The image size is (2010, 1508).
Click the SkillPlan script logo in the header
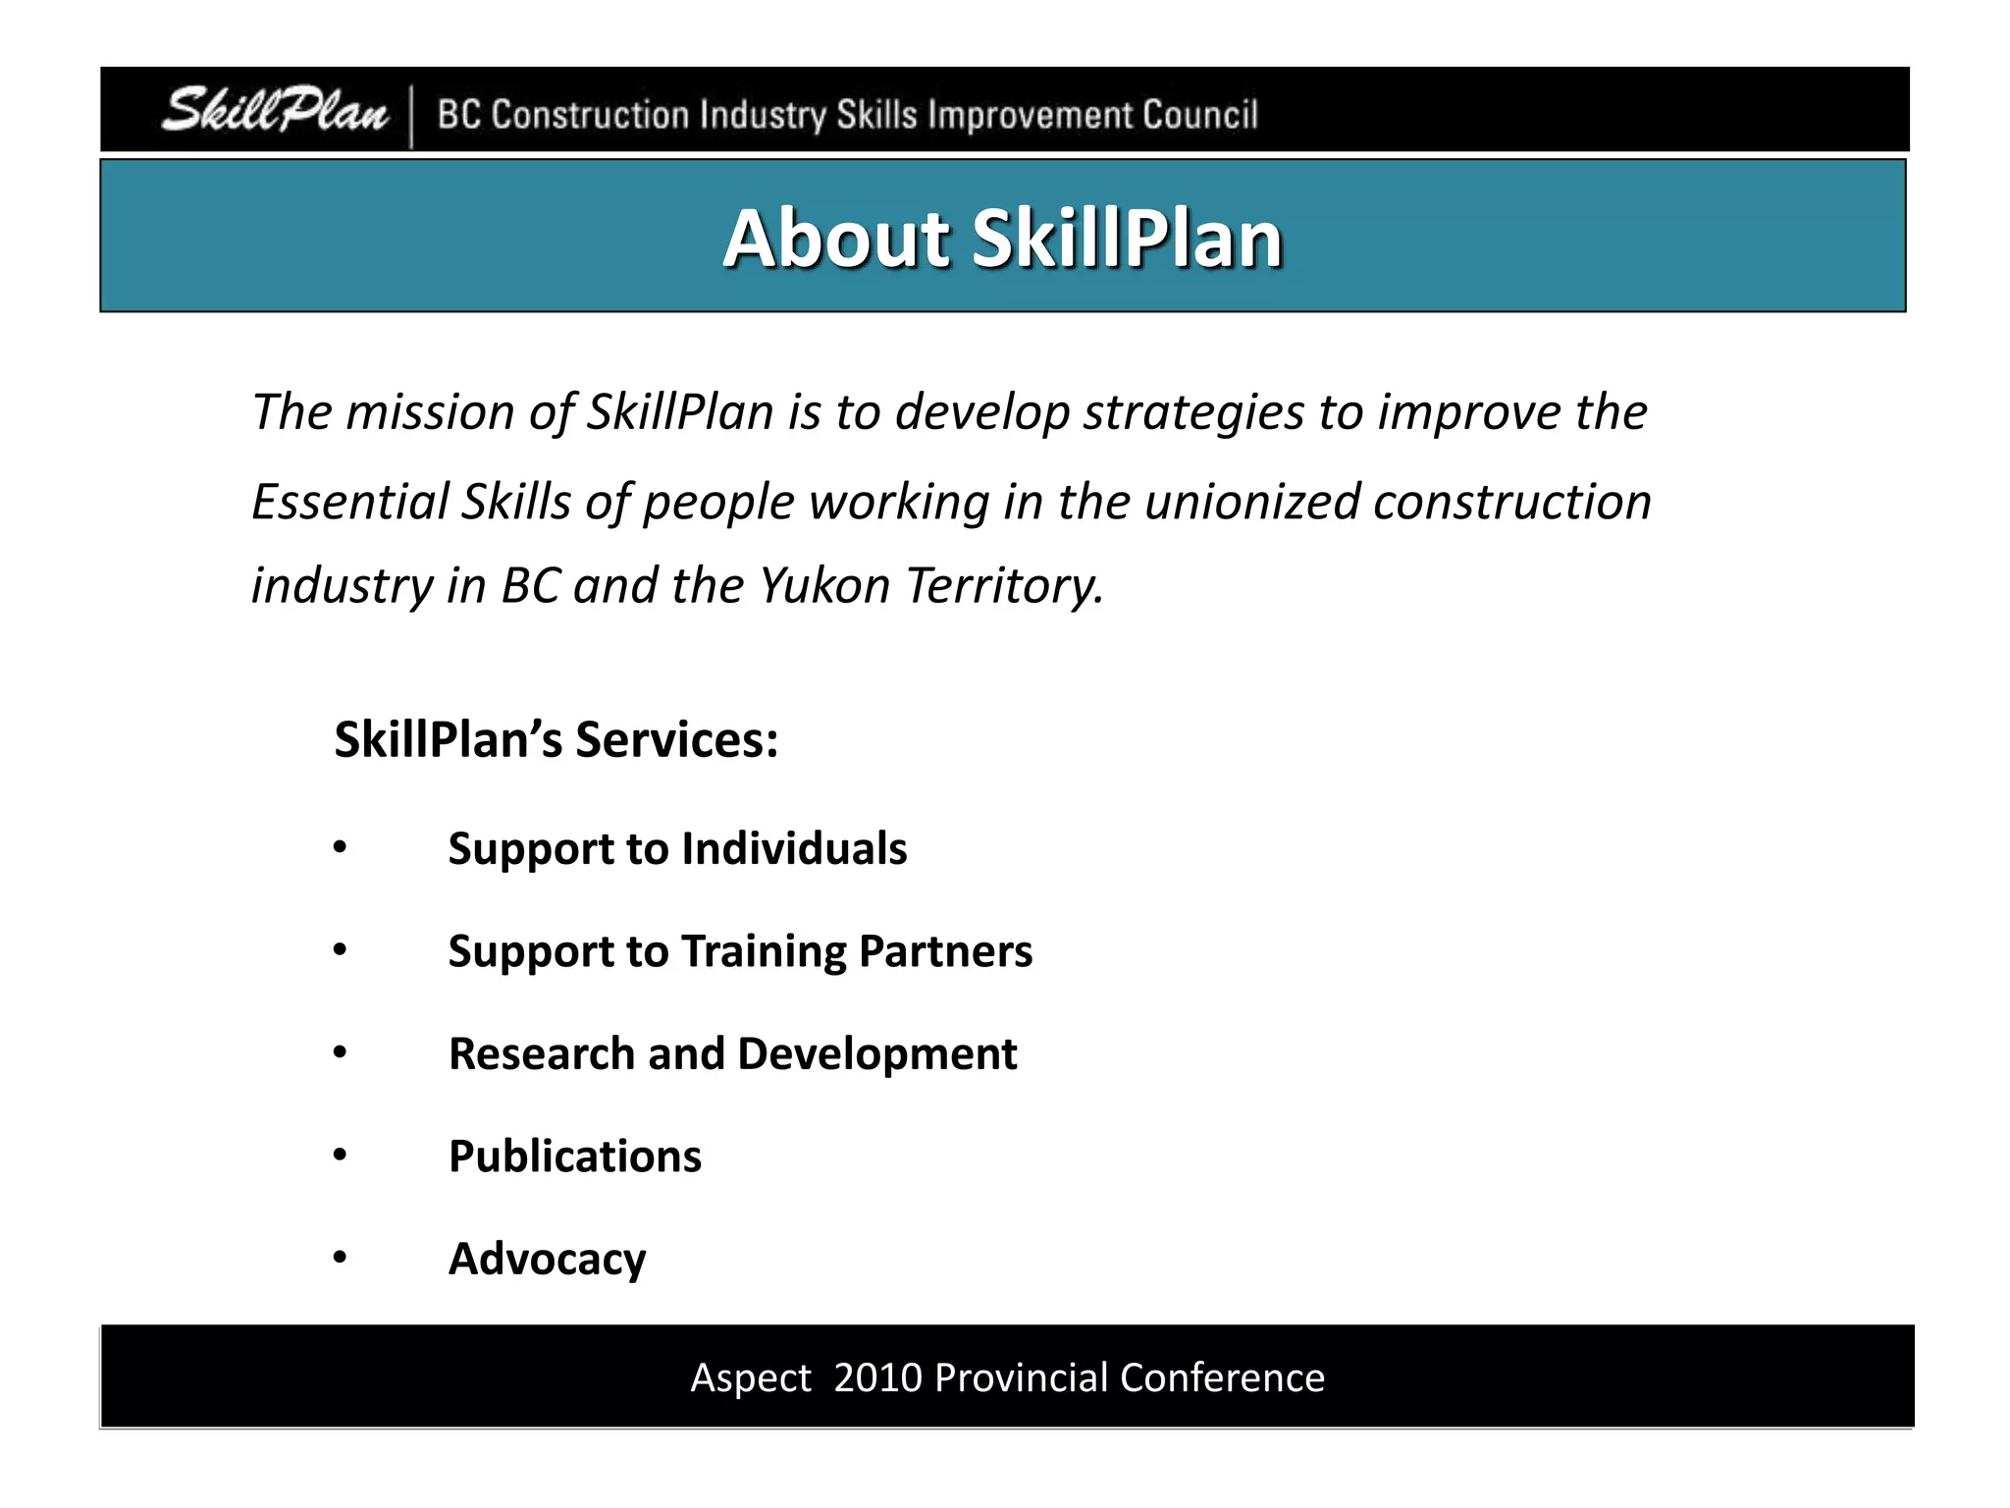pyautogui.click(x=275, y=110)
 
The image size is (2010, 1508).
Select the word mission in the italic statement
pyautogui.click(x=431, y=411)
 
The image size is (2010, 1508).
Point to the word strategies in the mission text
pyautogui.click(x=1193, y=413)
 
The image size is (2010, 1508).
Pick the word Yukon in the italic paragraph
pyautogui.click(x=824, y=585)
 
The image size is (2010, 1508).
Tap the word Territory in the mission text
pyautogui.click(x=1004, y=586)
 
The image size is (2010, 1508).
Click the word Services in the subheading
pyautogui.click(x=677, y=739)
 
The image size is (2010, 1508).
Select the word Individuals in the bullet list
pyautogui.click(x=794, y=848)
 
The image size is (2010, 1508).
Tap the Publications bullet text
pyautogui.click(x=575, y=1157)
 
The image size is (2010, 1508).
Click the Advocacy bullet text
pyautogui.click(x=548, y=1260)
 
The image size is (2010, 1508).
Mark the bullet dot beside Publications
pyautogui.click(x=340, y=1155)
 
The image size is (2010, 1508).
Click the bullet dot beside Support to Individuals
pyautogui.click(x=340, y=846)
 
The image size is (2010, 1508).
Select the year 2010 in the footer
pyautogui.click(x=877, y=1377)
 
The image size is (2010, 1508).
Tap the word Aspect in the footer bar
pyautogui.click(x=751, y=1378)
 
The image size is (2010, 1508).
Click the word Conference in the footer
pyautogui.click(x=1222, y=1377)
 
